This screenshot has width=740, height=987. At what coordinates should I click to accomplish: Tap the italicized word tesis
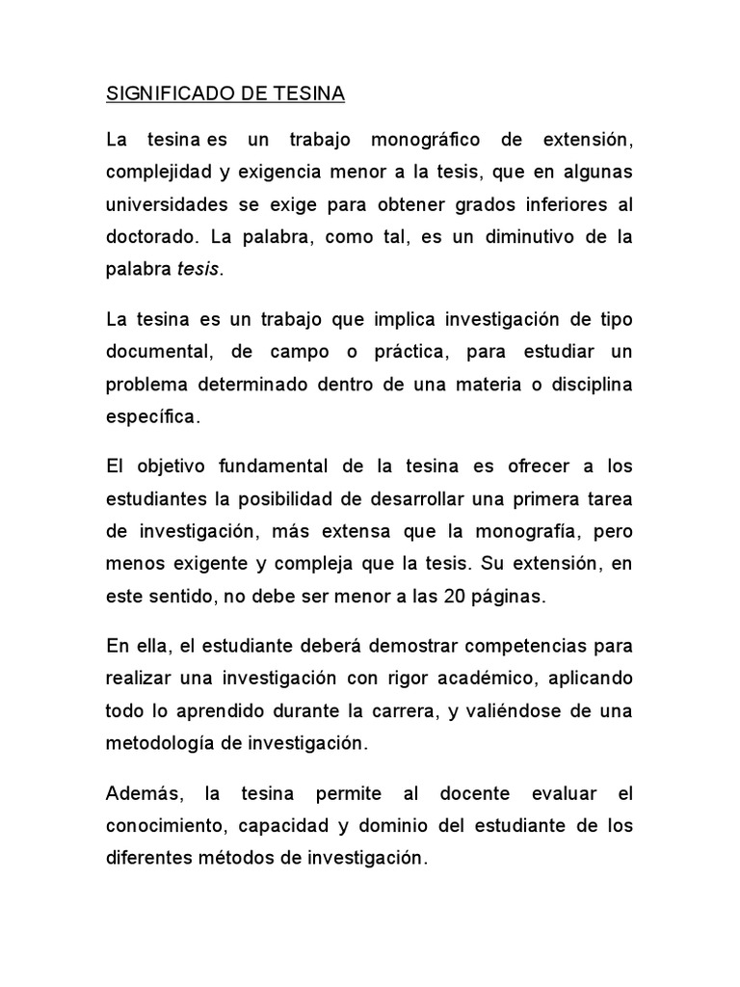pyautogui.click(x=198, y=271)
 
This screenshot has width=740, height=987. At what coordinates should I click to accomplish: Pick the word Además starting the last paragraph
pyautogui.click(x=143, y=793)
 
